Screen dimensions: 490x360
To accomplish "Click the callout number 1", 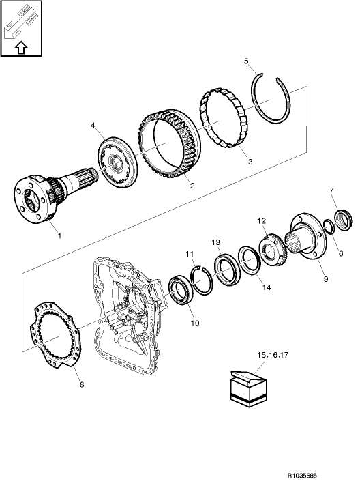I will point(59,236).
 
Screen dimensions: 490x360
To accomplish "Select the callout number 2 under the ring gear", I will point(193,185).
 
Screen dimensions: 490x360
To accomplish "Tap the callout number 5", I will point(246,61).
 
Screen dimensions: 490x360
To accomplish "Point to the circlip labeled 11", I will point(202,280).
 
